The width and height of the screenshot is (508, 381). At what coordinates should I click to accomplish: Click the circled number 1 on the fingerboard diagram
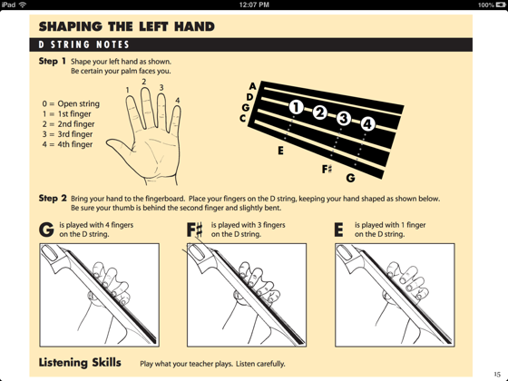coord(296,107)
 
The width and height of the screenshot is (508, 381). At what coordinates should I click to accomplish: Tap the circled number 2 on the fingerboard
coord(319,112)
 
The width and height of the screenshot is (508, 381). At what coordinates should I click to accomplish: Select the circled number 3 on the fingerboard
coord(344,118)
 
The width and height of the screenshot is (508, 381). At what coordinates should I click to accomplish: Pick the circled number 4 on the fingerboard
coord(367,123)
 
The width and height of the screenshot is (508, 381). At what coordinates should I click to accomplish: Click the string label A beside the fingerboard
coord(252,86)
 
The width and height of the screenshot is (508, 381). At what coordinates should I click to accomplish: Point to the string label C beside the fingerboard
coord(243,118)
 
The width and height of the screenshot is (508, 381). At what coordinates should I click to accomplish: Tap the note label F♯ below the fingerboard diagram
coord(327,169)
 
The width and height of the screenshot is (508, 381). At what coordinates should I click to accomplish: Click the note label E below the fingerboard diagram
coord(280,151)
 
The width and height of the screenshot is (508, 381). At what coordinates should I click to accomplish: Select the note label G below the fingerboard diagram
coord(350,178)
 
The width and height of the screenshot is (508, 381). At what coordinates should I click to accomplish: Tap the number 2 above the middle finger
coord(144,82)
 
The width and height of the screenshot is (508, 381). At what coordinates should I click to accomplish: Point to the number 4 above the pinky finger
coord(178,101)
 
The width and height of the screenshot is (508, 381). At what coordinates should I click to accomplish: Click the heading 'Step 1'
coord(53,61)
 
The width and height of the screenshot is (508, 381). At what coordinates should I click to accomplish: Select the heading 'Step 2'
coord(53,198)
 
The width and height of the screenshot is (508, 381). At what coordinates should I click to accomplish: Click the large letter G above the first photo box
coord(46,230)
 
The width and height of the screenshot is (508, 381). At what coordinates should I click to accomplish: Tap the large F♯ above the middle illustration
coord(195,230)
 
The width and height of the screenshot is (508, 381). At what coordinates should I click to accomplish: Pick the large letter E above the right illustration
coord(338,230)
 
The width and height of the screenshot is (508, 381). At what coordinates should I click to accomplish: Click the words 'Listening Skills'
coord(80,363)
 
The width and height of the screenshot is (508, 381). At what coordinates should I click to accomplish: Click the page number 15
coord(497,374)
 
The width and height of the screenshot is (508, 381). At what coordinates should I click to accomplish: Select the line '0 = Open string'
coord(71,103)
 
